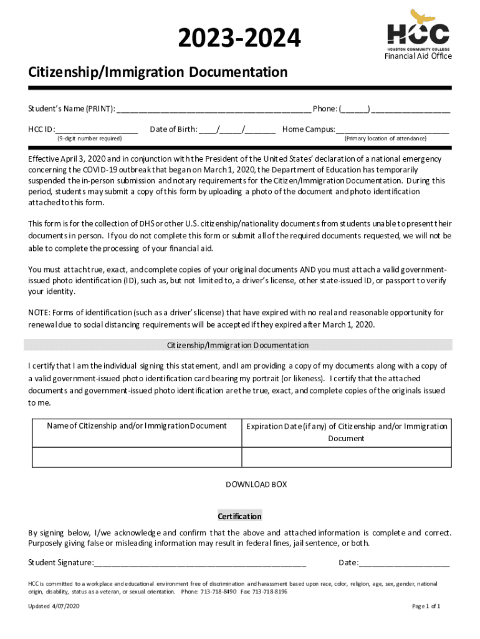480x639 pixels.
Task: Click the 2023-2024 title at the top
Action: pos(239,38)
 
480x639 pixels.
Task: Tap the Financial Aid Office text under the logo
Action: pos(418,56)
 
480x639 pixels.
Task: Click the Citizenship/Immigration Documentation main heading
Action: pos(158,72)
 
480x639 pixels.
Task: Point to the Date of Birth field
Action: pos(237,130)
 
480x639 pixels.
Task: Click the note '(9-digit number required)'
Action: pos(89,139)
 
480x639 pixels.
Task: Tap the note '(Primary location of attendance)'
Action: pos(385,139)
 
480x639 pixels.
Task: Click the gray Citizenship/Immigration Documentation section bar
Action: pos(238,345)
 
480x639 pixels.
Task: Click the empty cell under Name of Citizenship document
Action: pos(137,457)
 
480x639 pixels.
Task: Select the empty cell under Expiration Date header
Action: pos(346,457)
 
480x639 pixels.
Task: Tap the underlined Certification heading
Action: pos(239,516)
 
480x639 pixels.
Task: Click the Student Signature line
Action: pos(200,563)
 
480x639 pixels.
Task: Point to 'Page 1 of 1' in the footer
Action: pos(426,607)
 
